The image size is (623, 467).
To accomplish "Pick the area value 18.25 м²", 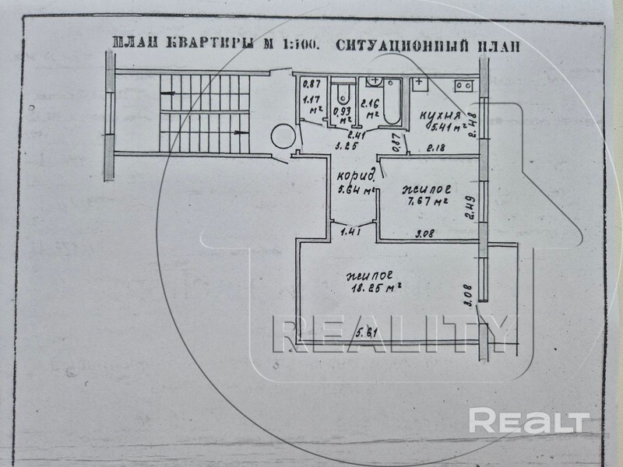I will coord(375,286).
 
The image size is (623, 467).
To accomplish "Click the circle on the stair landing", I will coord(280,138).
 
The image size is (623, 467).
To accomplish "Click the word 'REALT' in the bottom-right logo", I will coord(530,423).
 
